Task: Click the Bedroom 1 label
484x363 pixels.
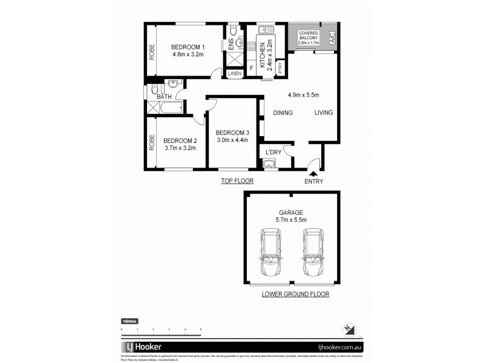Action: pyautogui.click(x=188, y=48)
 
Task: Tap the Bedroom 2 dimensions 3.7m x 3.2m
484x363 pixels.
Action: pyautogui.click(x=180, y=147)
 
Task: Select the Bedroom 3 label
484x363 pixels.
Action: pyautogui.click(x=232, y=133)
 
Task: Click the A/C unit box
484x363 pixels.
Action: pyautogui.click(x=331, y=38)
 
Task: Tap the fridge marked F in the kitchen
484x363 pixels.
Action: pyautogui.click(x=251, y=68)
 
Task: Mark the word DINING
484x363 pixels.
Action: pyautogui.click(x=283, y=113)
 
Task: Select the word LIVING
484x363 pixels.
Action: pyautogui.click(x=324, y=113)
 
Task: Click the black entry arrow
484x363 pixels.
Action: pyautogui.click(x=313, y=174)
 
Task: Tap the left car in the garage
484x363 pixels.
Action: pyautogui.click(x=270, y=253)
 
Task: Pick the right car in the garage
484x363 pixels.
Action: pyautogui.click(x=313, y=253)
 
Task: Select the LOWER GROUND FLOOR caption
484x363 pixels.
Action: pyautogui.click(x=295, y=295)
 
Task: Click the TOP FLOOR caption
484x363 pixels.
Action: pyautogui.click(x=237, y=181)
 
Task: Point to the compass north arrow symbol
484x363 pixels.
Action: pyautogui.click(x=349, y=329)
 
